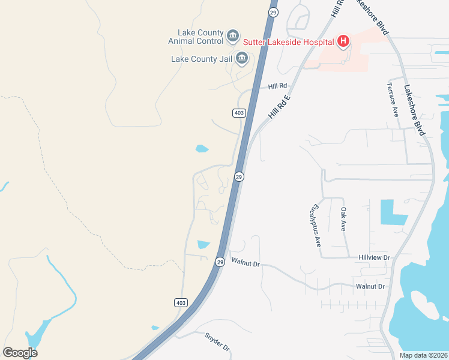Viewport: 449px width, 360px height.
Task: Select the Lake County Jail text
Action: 202,59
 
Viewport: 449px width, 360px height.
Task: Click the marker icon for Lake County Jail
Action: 242,58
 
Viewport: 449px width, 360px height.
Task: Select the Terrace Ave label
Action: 394,99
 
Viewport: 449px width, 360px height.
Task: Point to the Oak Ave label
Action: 343,220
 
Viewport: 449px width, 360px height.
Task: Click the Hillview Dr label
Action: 374,257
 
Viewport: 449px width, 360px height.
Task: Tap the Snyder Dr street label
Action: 217,342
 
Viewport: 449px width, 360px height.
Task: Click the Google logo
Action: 20,353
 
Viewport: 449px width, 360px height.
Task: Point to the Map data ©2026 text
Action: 423,355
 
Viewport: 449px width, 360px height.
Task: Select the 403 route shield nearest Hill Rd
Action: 238,113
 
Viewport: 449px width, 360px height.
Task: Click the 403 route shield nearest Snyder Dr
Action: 181,302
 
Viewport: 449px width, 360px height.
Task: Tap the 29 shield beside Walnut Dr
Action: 220,262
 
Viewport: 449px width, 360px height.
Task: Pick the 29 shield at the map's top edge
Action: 273,12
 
